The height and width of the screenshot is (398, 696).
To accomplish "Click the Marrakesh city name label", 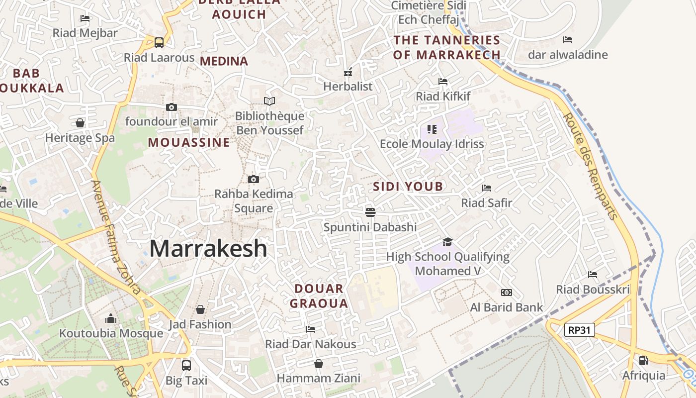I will [208, 248].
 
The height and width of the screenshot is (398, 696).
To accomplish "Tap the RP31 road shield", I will [580, 329].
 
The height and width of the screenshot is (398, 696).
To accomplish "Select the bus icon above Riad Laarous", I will [159, 43].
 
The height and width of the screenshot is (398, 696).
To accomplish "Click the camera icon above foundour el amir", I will [172, 107].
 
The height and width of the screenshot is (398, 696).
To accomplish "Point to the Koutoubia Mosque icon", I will [111, 318].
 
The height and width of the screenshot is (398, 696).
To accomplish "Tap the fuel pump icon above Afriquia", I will [643, 360].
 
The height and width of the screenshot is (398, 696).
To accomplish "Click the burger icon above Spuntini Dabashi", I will [370, 212].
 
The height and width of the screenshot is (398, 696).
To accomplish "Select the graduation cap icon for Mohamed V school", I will [447, 242].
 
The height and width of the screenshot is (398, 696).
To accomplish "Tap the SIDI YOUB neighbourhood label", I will [408, 187].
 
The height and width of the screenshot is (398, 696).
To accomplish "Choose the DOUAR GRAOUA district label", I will [319, 296].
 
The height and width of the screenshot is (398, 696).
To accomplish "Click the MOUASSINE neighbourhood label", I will [189, 143].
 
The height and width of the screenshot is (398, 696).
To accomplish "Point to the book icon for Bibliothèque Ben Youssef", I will [269, 101].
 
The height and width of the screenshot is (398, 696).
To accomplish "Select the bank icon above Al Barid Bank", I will [507, 293].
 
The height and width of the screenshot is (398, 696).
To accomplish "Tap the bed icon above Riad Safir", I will [487, 188].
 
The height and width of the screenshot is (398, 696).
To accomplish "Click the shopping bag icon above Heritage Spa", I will [80, 123].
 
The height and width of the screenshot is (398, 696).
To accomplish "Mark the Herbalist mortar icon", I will [348, 72].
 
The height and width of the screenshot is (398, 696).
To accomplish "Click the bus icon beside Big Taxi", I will [186, 365].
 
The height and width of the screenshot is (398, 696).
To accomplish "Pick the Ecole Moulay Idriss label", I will [432, 144].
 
